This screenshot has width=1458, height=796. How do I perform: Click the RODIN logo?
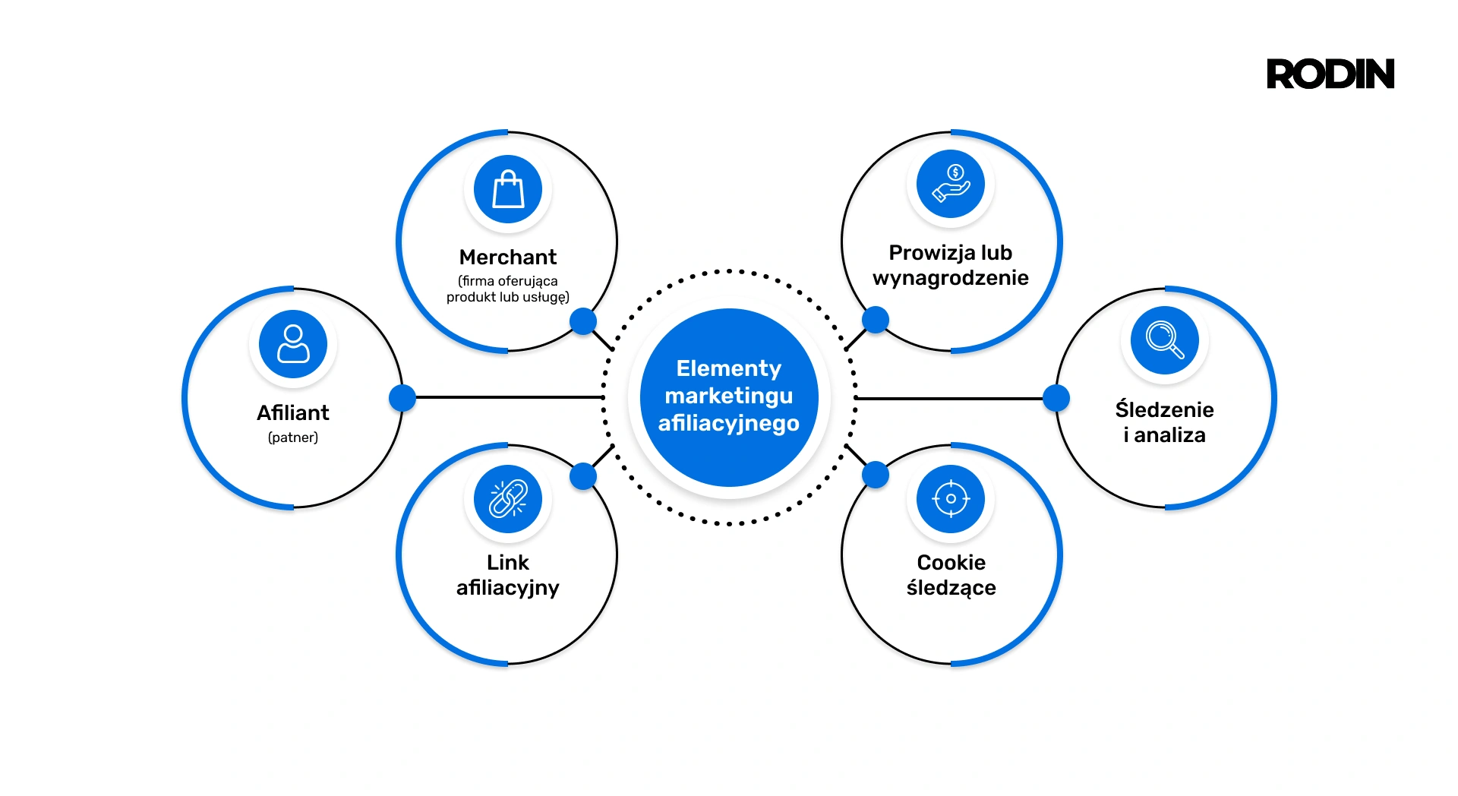(1330, 74)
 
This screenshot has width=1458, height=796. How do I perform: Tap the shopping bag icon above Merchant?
(508, 189)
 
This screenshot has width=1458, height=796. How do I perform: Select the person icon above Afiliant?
(293, 344)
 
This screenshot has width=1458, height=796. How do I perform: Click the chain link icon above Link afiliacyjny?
(508, 499)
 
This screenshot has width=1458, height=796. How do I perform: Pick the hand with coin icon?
(951, 184)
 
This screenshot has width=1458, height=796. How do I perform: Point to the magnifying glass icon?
(1164, 340)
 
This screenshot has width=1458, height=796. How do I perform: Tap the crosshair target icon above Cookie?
(951, 499)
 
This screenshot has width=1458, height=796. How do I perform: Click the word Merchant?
(508, 257)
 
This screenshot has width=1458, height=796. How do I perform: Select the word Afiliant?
(293, 412)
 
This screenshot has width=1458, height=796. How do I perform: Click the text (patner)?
(293, 437)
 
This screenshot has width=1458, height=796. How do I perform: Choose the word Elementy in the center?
(728, 368)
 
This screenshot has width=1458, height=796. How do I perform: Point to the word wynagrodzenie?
(951, 278)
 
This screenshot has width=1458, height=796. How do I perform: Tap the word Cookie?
(951, 562)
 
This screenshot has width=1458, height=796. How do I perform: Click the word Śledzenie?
(1164, 409)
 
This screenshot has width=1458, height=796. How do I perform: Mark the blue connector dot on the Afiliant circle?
(402, 397)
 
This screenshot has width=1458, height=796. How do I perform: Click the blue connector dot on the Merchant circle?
(583, 321)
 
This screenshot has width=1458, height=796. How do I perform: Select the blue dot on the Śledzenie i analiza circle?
(1056, 397)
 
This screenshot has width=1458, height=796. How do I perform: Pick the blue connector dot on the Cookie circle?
(876, 475)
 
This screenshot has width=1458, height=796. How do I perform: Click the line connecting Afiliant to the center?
(509, 397)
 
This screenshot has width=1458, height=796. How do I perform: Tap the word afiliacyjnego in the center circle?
(728, 423)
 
